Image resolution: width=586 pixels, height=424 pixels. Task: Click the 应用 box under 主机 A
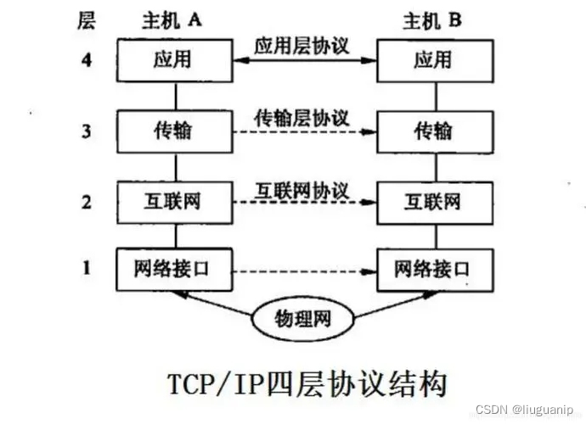tap(174, 61)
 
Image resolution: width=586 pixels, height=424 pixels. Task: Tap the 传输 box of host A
tap(174, 132)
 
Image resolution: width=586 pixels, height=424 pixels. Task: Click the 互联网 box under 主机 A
tap(174, 202)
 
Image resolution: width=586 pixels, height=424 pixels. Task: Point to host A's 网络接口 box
tap(174, 269)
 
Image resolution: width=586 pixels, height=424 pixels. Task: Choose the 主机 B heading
tap(431, 21)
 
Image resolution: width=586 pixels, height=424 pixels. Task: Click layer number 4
tap(86, 61)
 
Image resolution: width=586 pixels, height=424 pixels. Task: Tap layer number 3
tap(86, 132)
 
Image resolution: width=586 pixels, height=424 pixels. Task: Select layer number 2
tap(86, 202)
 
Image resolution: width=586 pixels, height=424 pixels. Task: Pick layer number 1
tap(86, 269)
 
